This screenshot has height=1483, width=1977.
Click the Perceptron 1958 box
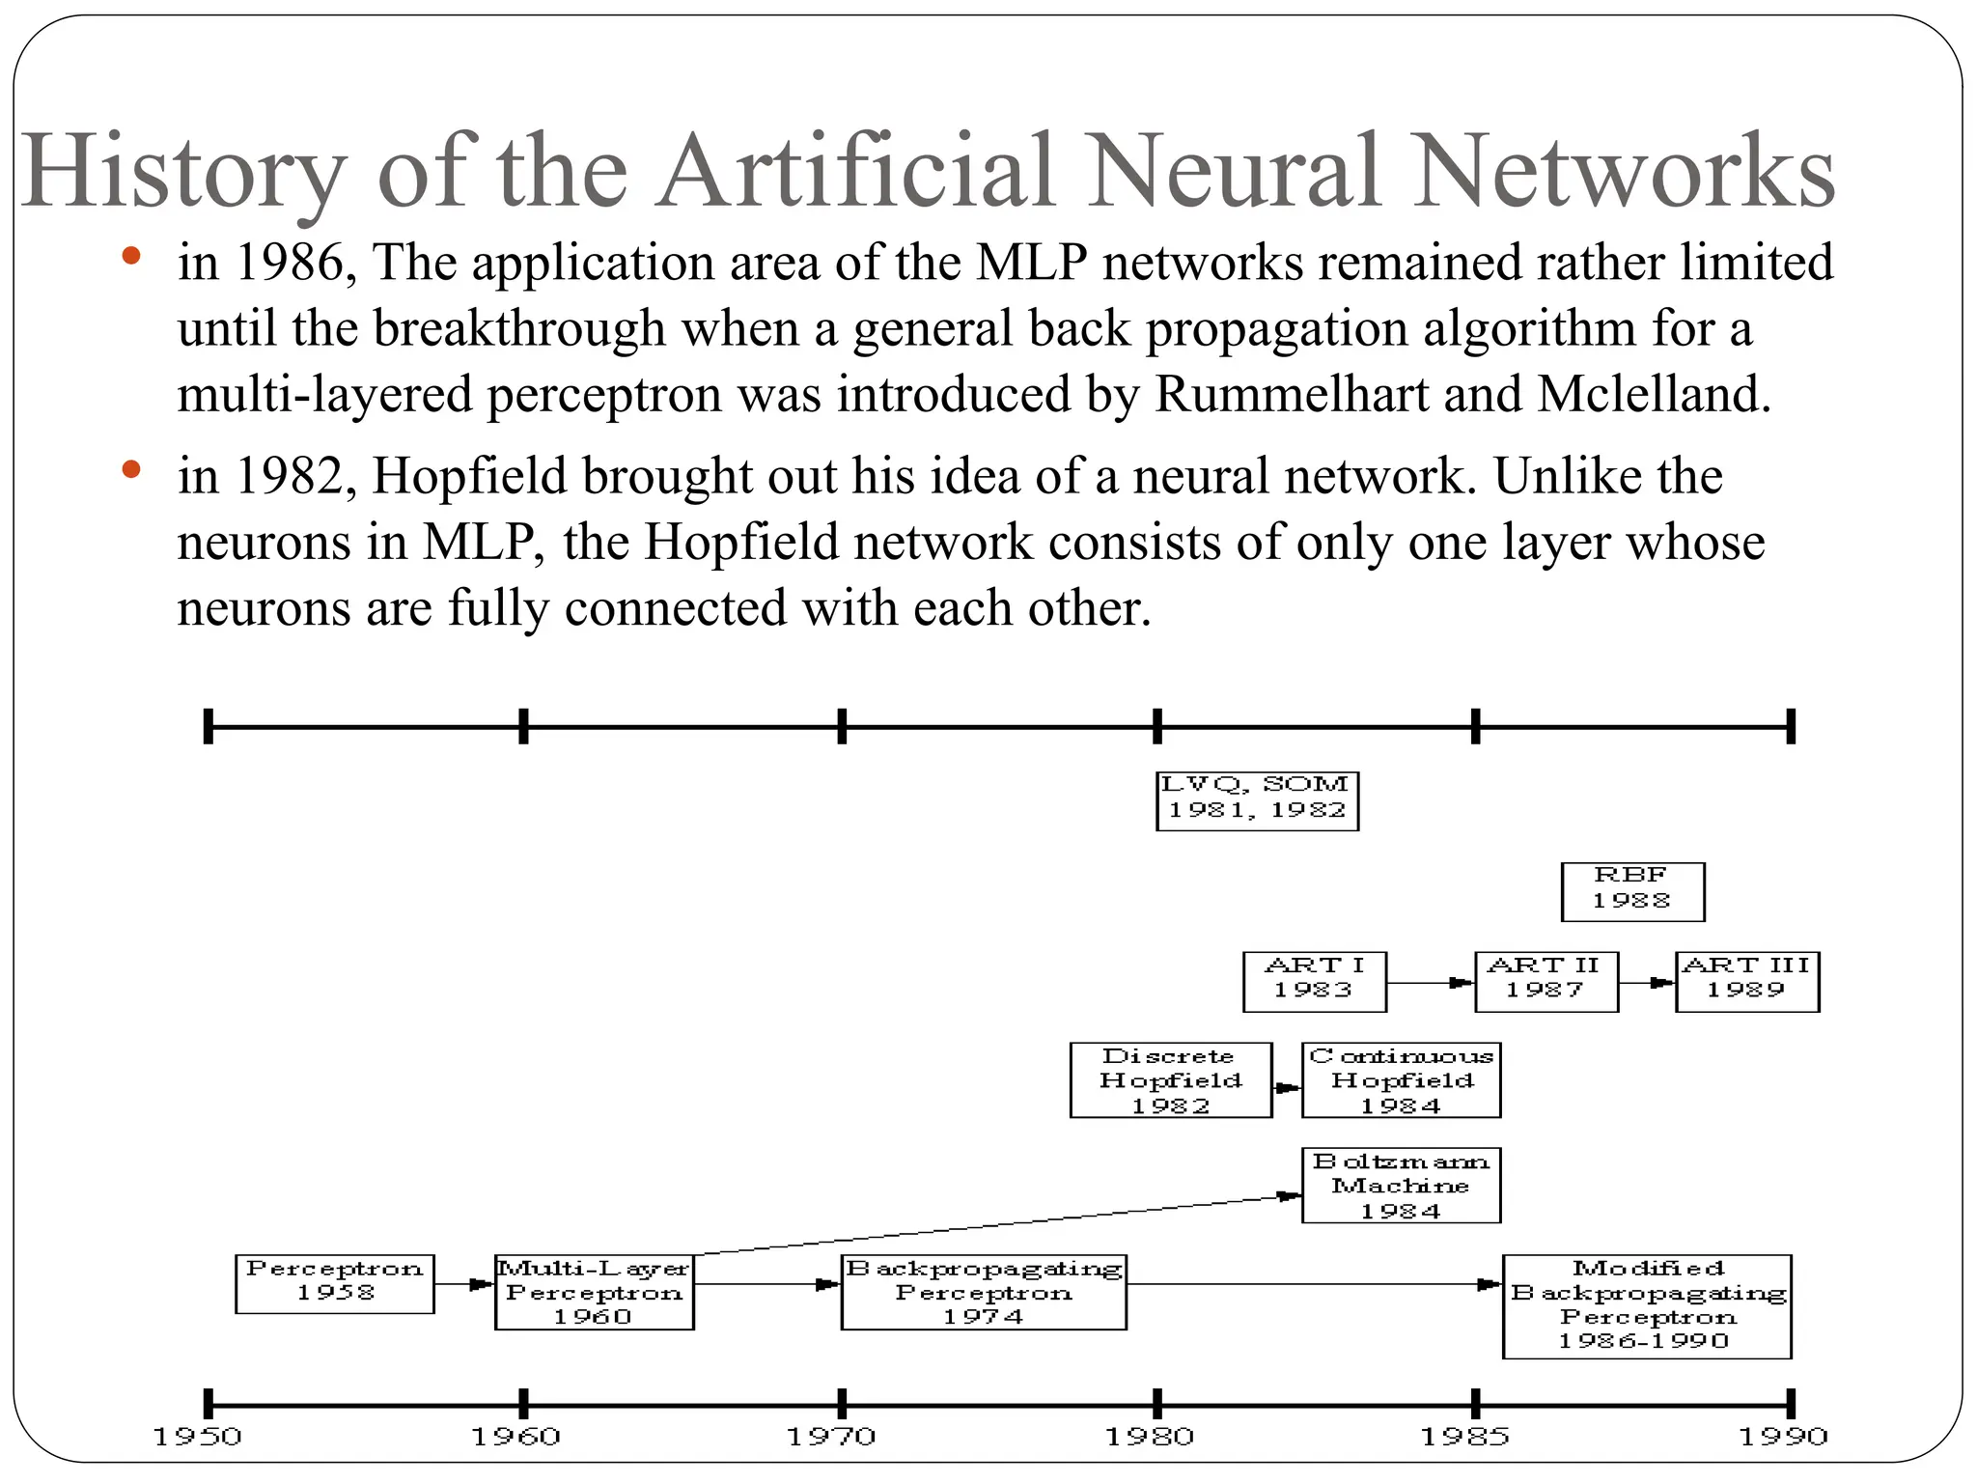pos(334,1283)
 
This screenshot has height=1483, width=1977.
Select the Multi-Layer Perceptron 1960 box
pos(594,1292)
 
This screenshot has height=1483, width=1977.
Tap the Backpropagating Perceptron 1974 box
pos(983,1292)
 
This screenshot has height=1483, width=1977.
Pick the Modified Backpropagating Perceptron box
pos(1646,1305)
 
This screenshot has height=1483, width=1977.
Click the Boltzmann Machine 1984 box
pos(1400,1186)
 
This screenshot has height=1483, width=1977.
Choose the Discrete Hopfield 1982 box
pos(1170,1080)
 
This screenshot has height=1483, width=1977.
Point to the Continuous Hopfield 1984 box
pos(1400,1080)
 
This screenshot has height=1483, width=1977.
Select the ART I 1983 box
pos(1314,981)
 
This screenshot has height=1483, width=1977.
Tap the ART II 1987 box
pos(1545,981)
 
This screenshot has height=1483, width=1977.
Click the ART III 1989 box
pos(1746,981)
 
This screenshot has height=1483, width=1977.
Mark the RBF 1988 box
pos(1631,891)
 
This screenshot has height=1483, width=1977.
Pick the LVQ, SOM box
pos(1257,800)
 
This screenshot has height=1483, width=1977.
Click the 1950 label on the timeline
pos(198,1438)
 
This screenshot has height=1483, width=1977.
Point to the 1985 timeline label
pos(1464,1438)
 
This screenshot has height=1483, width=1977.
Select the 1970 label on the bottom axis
pos(831,1438)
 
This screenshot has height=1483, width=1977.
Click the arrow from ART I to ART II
pos(1430,983)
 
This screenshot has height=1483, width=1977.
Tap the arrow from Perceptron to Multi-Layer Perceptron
pos(464,1284)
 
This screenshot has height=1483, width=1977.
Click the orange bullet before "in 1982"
pos(132,471)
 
